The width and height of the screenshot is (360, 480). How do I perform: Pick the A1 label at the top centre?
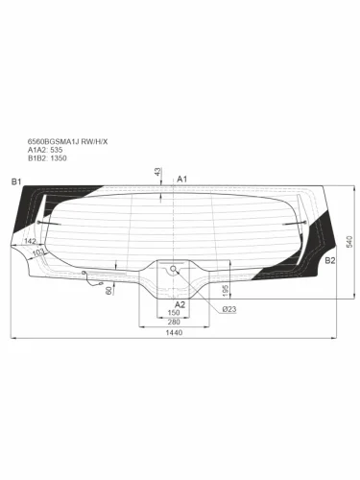point(182,180)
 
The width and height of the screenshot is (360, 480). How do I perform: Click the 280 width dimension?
point(174,321)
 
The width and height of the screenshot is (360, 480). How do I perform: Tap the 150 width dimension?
point(174,312)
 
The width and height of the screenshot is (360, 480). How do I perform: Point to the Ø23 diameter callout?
point(228,310)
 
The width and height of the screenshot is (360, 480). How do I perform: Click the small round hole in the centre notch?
point(174,271)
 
